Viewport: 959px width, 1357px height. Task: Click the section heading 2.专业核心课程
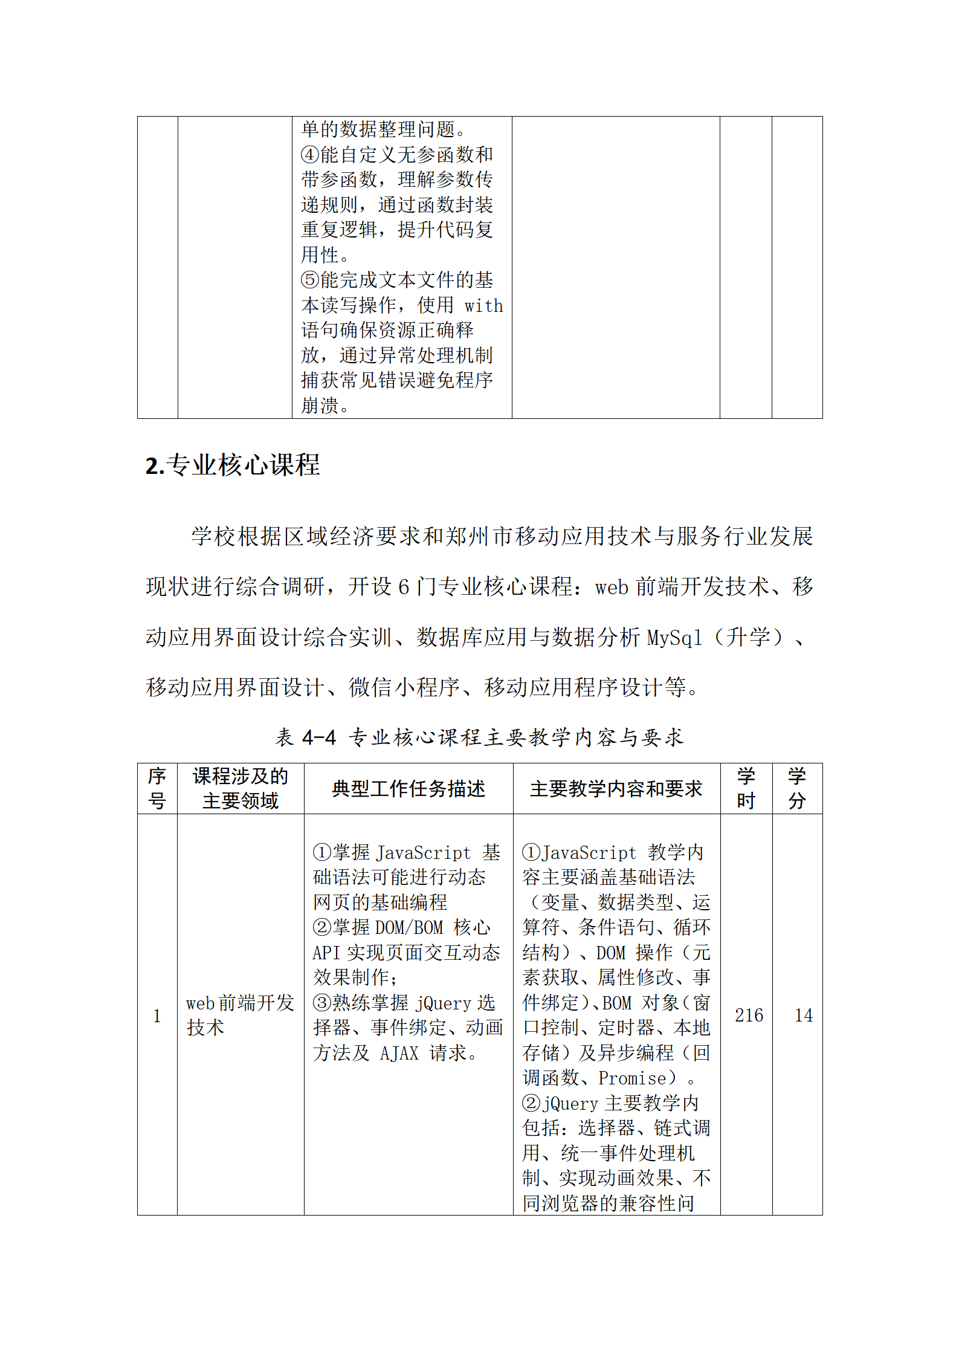click(233, 465)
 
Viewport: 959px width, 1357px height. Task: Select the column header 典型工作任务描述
click(408, 789)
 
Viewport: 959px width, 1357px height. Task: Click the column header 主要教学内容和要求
click(616, 789)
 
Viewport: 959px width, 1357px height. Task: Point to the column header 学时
click(746, 789)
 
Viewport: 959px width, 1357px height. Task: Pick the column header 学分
click(797, 789)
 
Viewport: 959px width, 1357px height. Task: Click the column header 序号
click(157, 789)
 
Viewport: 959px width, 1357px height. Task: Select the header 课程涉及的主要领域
click(240, 789)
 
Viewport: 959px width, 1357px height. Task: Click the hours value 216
click(749, 1015)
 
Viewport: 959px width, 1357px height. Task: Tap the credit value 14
click(803, 1015)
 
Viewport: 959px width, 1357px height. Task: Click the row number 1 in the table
click(157, 1016)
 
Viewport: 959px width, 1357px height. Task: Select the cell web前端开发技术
click(239, 1015)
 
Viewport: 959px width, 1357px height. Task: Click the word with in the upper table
click(483, 306)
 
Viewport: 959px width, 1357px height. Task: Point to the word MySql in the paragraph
click(674, 638)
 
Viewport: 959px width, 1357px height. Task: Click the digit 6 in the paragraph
click(404, 587)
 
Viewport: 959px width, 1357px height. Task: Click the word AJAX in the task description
click(399, 1053)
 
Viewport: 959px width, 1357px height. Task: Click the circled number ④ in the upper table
click(310, 155)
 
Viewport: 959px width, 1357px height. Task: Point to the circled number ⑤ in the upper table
click(310, 280)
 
